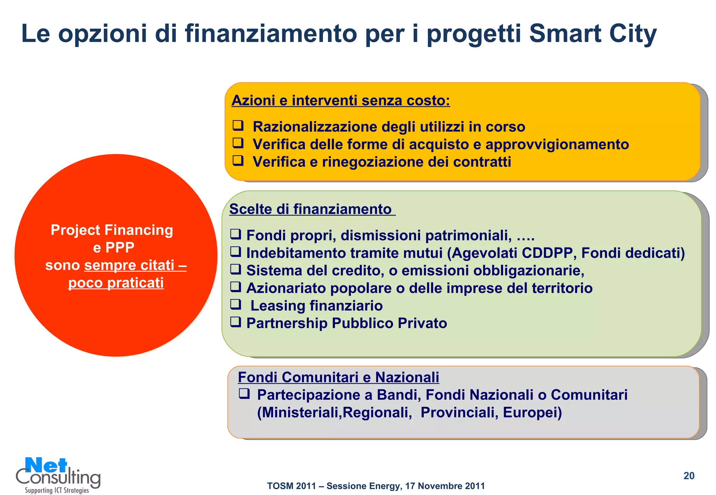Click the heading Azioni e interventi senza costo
341,101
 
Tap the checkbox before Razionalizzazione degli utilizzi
238,125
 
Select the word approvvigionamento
557,145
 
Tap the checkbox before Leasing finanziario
236,304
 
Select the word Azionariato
286,288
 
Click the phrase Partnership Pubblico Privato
346,323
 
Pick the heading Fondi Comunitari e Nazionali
338,377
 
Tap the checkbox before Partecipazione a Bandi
244,394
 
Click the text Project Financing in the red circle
112,230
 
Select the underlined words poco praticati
116,283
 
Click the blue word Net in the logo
46,466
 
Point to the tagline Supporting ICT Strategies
57,490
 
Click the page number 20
689,476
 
